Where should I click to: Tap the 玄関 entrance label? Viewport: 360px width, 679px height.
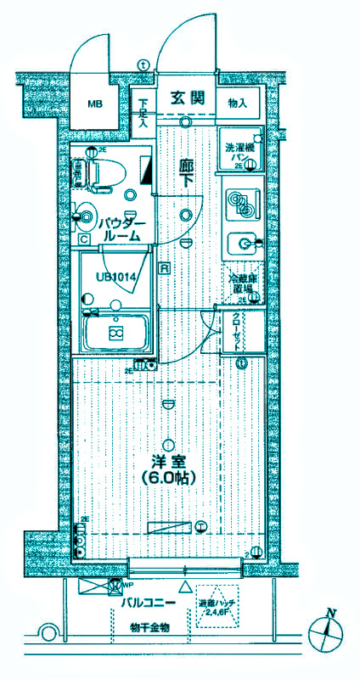coord(186,97)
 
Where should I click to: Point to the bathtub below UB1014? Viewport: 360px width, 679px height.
coord(115,332)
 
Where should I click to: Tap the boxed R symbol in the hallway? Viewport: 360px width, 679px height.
coord(163,267)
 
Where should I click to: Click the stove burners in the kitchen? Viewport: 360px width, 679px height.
coord(242,203)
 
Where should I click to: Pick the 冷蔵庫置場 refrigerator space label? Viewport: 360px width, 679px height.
coord(242,283)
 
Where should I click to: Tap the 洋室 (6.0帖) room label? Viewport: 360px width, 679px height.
coord(170,469)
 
